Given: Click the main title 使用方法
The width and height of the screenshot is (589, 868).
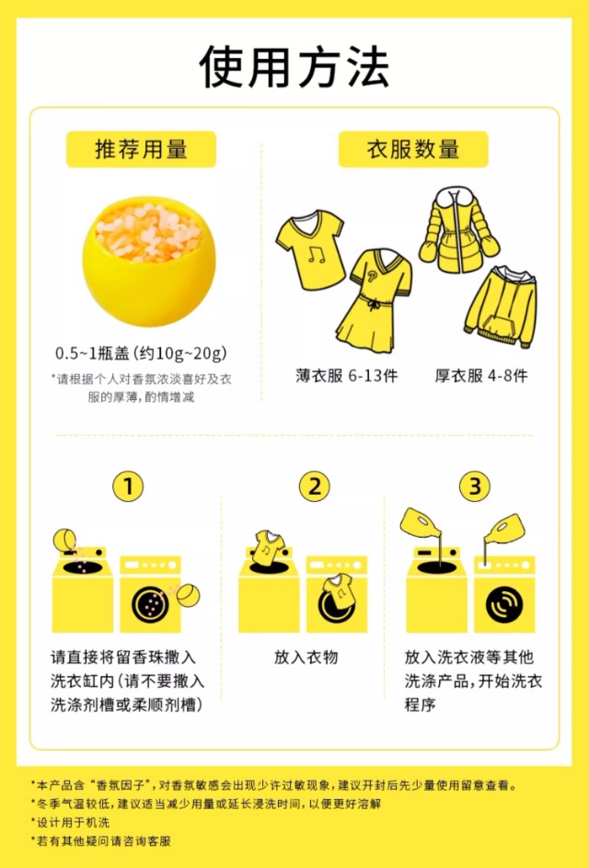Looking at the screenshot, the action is tap(294, 67).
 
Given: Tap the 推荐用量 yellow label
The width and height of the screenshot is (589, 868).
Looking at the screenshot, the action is tap(142, 149).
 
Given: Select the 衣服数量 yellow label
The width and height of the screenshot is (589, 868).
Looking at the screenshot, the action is tap(413, 149).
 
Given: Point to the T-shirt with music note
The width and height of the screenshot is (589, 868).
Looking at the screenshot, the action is tap(310, 249).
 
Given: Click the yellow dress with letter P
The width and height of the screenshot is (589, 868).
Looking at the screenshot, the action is tap(374, 299).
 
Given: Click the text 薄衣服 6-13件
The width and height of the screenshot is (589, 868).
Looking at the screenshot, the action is tap(347, 376).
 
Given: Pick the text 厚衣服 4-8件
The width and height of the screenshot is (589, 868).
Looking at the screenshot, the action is tap(481, 376).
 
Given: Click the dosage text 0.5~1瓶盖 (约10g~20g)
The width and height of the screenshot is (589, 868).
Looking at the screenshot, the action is tap(141, 353).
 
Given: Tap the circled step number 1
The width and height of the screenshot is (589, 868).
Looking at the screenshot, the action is tap(128, 486).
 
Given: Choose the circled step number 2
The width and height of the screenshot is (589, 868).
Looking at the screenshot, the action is tap(314, 486).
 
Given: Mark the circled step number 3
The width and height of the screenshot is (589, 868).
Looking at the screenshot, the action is tap(475, 486).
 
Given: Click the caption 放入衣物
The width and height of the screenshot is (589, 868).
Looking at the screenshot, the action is tap(306, 657).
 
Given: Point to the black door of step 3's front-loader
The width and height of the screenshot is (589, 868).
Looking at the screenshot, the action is tap(504, 604).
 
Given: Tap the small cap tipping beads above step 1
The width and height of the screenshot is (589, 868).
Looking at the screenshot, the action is tap(64, 540).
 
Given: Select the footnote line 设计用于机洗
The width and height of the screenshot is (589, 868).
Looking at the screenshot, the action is tap(70, 822).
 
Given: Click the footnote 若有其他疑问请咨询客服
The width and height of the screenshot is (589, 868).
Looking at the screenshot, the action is tap(101, 840).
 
